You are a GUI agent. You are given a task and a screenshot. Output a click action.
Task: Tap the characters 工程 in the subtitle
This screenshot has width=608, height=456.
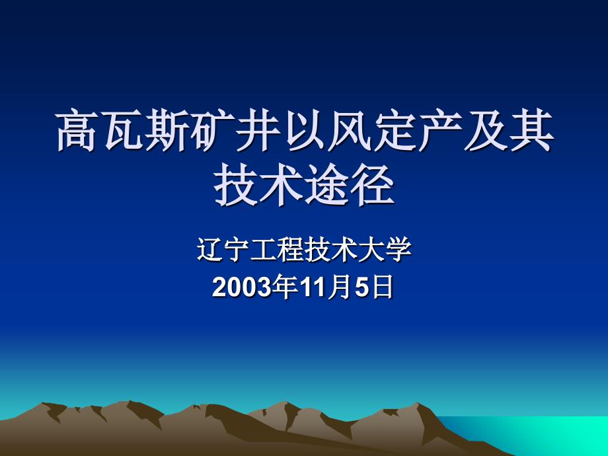(276, 252)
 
